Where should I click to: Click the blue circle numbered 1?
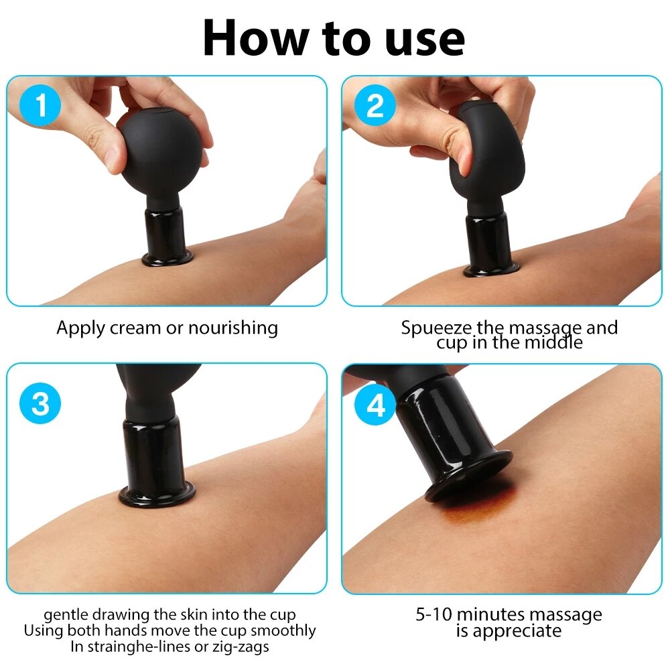click(x=40, y=105)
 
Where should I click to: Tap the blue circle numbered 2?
click(x=375, y=105)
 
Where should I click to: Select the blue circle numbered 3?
click(x=40, y=403)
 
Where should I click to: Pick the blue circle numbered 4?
click(x=375, y=404)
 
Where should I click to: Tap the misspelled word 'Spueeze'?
click(x=436, y=328)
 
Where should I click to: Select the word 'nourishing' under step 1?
click(x=233, y=328)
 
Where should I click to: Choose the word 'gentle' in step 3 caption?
click(x=66, y=615)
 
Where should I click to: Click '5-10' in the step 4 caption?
click(x=433, y=614)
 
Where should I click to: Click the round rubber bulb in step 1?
click(x=159, y=152)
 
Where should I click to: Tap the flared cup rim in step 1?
click(x=167, y=259)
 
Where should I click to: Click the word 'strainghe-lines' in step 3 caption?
click(x=137, y=647)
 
